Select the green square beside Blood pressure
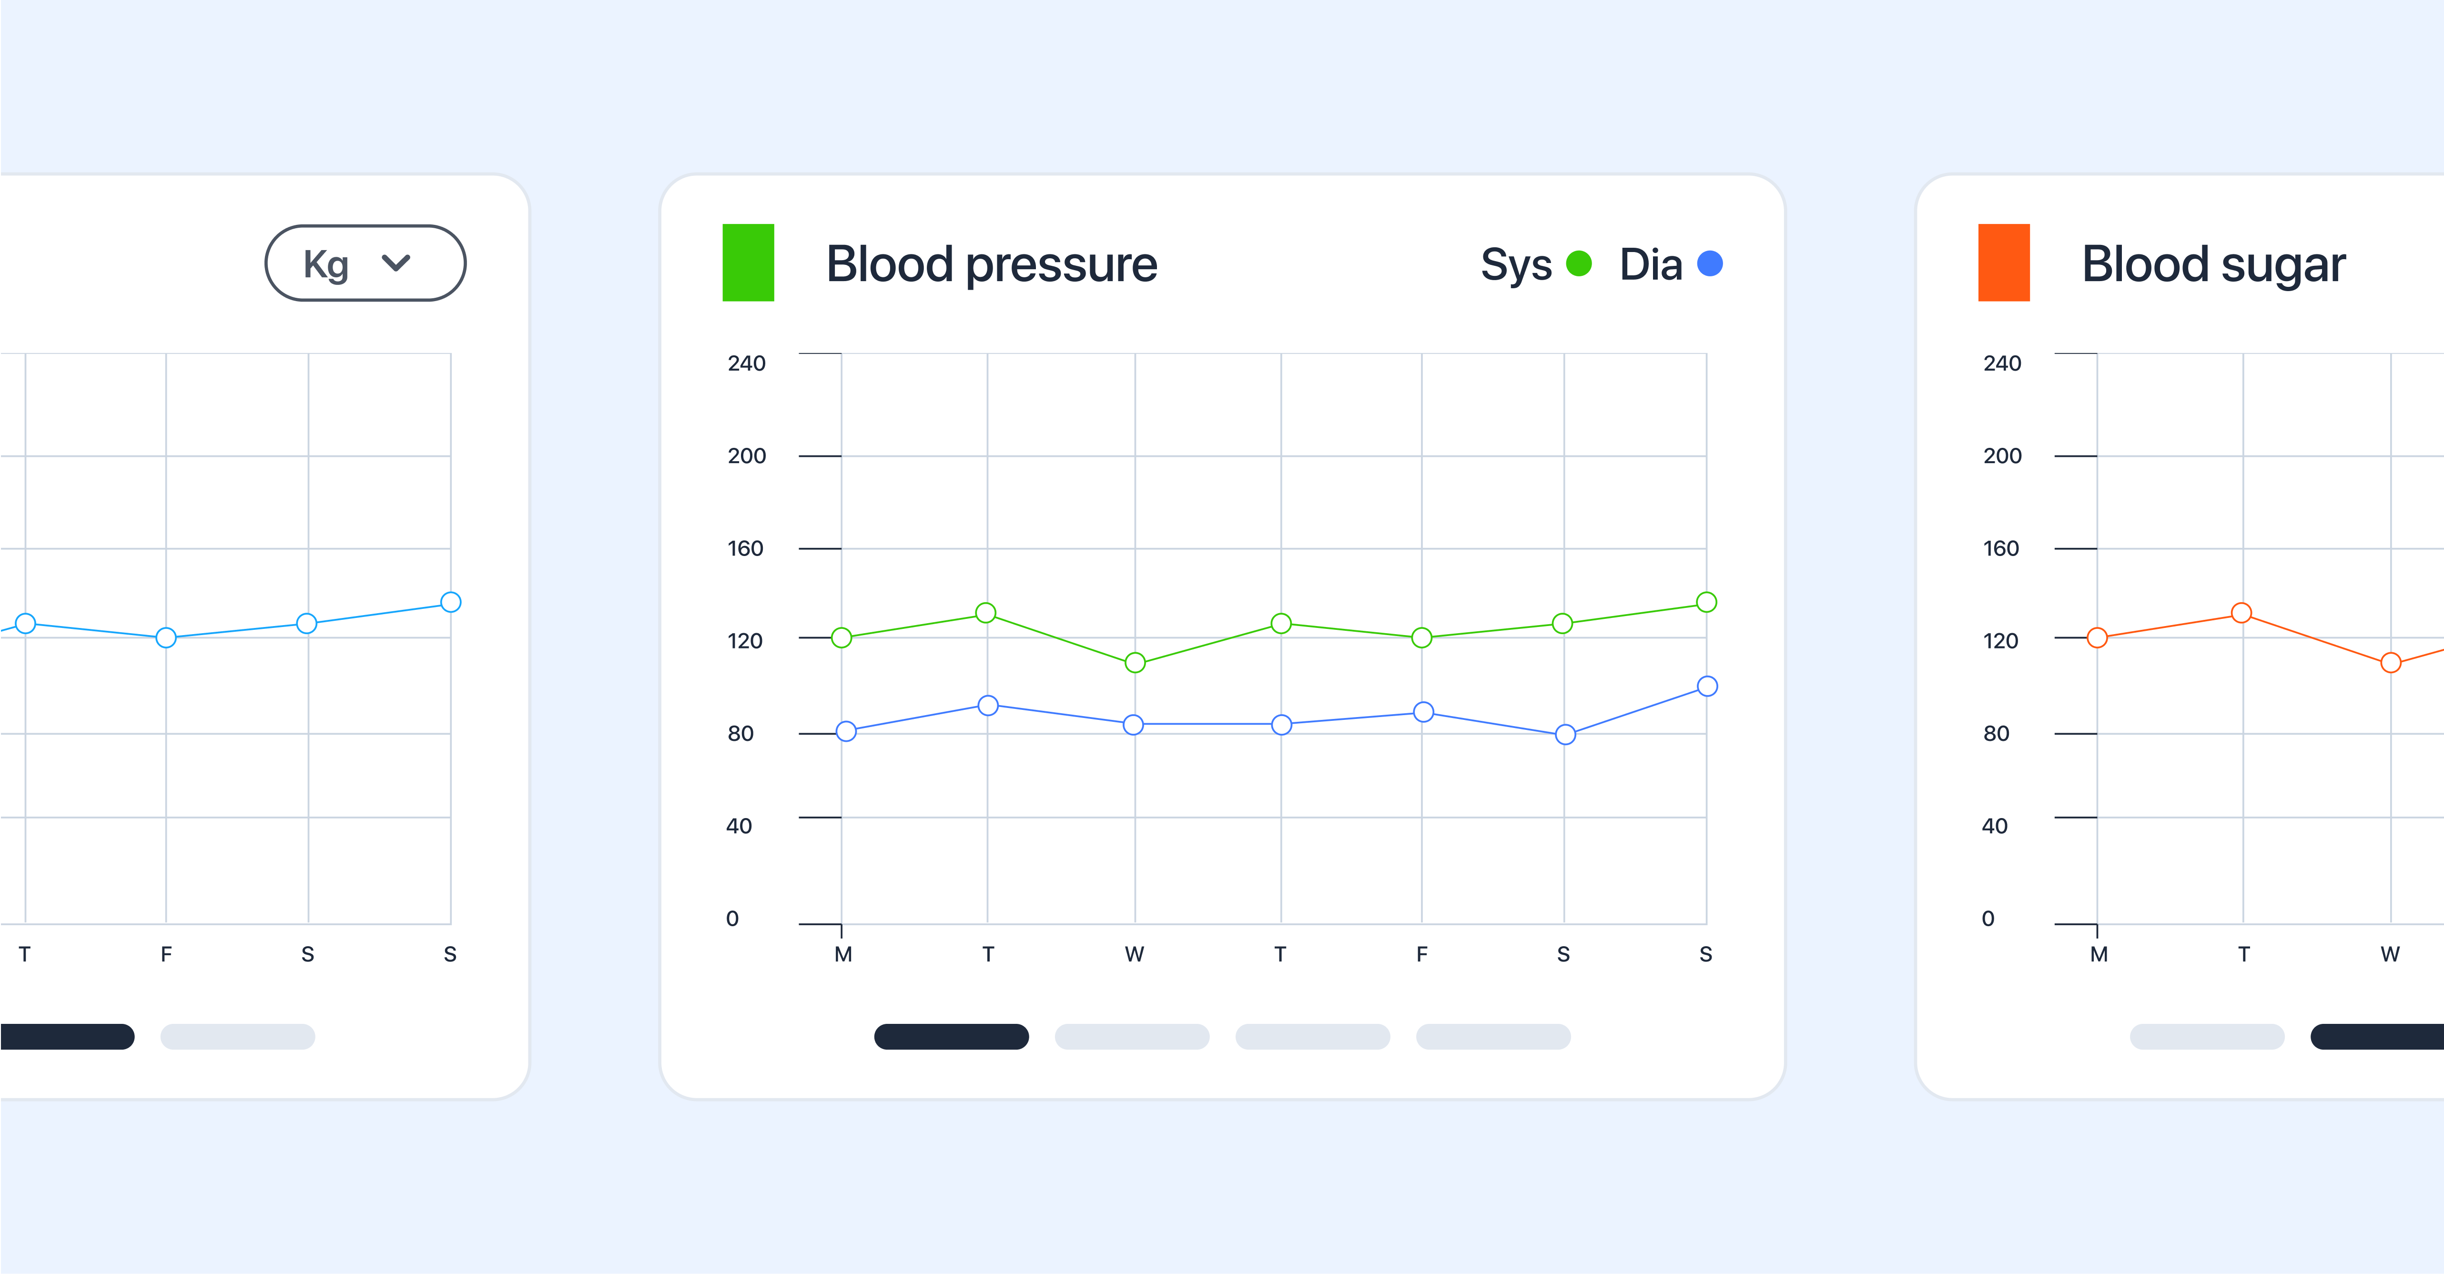(x=748, y=263)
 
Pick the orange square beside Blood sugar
(x=2003, y=263)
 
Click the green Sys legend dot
(x=1579, y=264)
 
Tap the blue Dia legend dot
(x=1710, y=264)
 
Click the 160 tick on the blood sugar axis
(x=2001, y=548)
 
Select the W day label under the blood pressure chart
(x=1134, y=954)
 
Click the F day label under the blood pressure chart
(x=1421, y=954)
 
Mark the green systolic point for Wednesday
(x=1135, y=663)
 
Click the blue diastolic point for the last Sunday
(x=1707, y=686)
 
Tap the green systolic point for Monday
(x=842, y=637)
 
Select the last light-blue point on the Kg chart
(x=451, y=602)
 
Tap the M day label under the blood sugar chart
(x=2099, y=954)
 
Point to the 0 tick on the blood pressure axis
(x=732, y=918)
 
